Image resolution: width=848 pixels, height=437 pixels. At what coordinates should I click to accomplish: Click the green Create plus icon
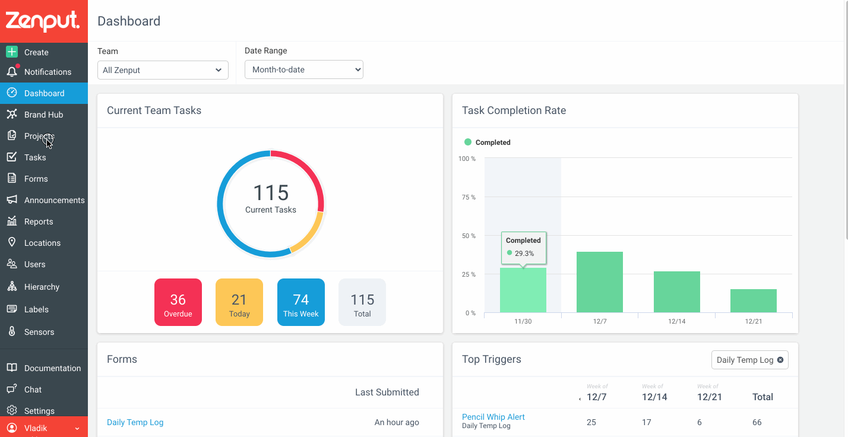tap(12, 52)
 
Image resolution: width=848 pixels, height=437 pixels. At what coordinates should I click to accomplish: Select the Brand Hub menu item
tap(44, 114)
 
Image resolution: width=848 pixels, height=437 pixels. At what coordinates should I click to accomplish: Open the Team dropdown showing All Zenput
tap(163, 70)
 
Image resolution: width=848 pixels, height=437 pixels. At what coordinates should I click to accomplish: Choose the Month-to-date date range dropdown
tap(303, 69)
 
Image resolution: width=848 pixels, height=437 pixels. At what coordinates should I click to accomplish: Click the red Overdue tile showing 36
tap(178, 302)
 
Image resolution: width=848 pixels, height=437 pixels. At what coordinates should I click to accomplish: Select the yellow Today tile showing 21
tap(239, 302)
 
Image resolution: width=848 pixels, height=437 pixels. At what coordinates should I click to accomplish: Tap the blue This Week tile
tap(301, 302)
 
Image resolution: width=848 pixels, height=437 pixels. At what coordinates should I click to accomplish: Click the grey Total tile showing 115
tap(362, 302)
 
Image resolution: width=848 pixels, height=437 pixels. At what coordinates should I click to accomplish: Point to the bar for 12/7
tap(600, 282)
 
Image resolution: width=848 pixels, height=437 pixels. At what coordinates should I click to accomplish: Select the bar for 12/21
tap(754, 301)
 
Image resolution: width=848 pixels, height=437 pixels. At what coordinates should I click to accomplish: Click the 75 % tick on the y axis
tap(469, 197)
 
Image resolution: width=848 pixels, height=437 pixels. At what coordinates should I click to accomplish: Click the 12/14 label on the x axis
tap(676, 321)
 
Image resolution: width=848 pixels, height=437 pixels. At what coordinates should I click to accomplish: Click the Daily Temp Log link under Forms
tap(135, 422)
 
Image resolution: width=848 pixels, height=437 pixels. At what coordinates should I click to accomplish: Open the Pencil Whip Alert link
tap(493, 417)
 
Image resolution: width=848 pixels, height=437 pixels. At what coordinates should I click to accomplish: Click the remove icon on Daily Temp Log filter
tap(780, 360)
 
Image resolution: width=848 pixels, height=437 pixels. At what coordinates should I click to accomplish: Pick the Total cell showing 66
tap(757, 422)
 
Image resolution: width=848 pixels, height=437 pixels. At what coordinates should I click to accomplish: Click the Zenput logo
tap(42, 21)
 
